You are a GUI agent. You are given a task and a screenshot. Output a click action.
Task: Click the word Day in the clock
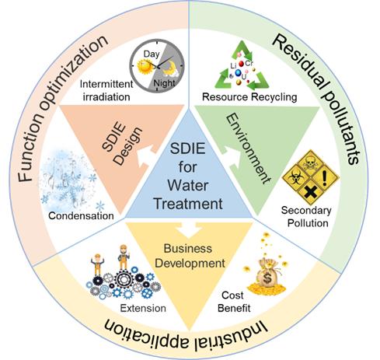coord(152,54)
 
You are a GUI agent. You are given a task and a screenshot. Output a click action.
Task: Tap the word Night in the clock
coord(164,83)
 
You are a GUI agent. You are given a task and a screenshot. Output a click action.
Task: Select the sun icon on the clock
coord(144,66)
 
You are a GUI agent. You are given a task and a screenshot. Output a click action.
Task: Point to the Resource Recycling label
coord(249,97)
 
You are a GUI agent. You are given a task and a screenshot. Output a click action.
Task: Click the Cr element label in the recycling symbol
coord(249,63)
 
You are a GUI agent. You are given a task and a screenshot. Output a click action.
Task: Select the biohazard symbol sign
coord(295,178)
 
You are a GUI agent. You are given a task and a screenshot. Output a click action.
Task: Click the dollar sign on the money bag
coord(267,278)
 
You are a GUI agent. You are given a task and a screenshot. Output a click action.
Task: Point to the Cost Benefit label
coord(234,302)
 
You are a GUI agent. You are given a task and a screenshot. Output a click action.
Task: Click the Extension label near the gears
coord(143,308)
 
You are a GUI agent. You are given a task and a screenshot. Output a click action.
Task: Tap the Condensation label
coord(81,215)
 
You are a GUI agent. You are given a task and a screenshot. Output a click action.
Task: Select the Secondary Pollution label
coord(307,217)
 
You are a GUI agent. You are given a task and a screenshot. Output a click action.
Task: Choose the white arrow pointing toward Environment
coord(231,157)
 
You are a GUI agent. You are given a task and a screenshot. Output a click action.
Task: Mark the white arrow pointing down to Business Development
coord(189,229)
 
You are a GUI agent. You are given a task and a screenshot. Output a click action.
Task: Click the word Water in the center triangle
coord(188,186)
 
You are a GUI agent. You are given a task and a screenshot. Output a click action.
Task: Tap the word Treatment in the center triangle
coord(188,204)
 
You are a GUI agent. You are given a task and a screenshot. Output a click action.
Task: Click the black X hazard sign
coord(310,193)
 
